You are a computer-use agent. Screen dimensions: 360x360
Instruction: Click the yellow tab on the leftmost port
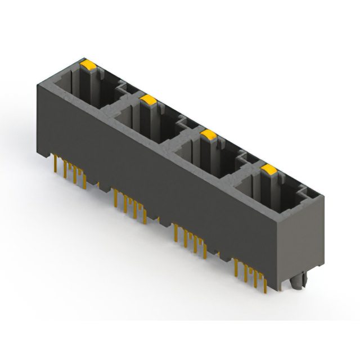tap(88, 65)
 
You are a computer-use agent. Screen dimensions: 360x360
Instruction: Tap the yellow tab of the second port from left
tap(148, 100)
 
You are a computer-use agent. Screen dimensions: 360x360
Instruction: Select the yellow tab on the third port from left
tap(209, 134)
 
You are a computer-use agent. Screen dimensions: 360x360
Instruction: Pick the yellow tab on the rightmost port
tap(269, 169)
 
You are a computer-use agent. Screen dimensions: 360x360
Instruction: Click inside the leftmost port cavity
tap(84, 90)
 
